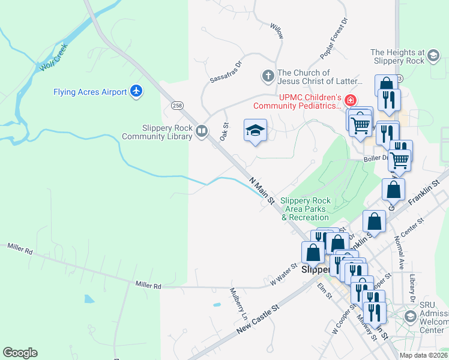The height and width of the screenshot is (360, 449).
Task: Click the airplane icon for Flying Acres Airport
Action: [x=136, y=91]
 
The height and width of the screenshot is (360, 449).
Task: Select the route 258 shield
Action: [x=176, y=106]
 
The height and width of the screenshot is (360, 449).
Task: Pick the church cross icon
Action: [x=268, y=76]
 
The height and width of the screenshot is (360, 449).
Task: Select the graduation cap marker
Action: [x=255, y=130]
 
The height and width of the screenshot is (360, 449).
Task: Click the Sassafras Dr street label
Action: [x=225, y=71]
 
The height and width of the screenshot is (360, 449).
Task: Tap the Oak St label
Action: [x=226, y=131]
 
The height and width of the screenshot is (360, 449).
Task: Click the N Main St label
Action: [x=262, y=189]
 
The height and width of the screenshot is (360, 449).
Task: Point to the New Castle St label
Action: [x=258, y=319]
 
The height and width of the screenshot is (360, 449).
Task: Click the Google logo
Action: [x=20, y=353]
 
